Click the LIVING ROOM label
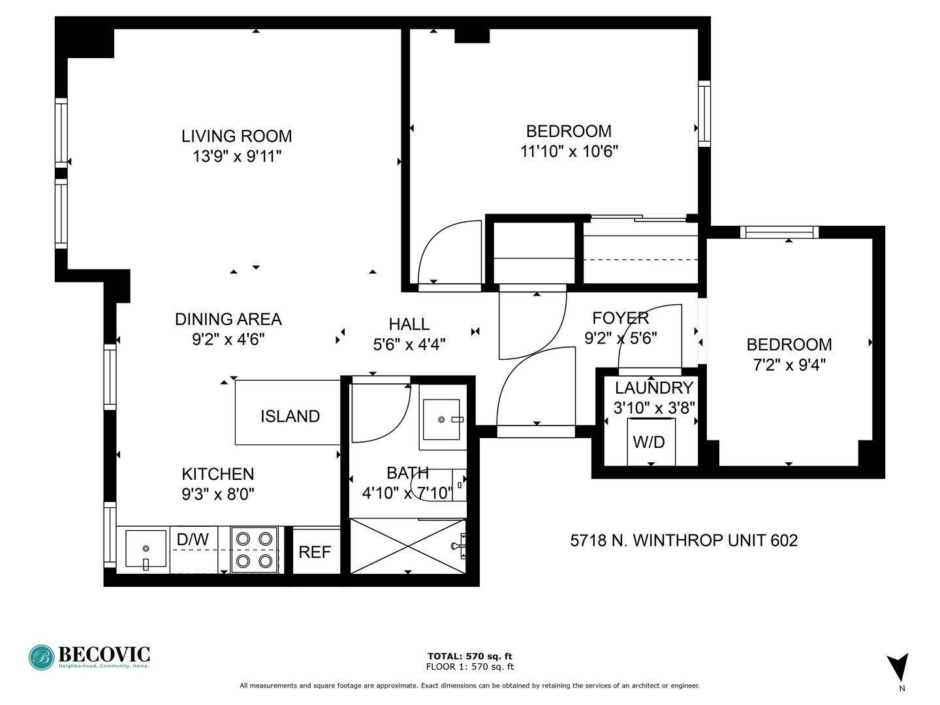point(236,136)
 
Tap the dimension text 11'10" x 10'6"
point(569,151)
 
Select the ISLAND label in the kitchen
point(290,416)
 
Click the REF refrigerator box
point(315,552)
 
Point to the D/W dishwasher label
point(193,539)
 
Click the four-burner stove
point(254,550)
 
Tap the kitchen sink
point(146,550)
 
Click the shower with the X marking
point(408,546)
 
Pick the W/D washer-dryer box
point(649,442)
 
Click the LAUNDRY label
point(653,388)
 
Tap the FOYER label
point(620,318)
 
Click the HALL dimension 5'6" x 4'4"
point(409,344)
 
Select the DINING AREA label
point(228,319)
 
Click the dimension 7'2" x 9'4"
point(789,365)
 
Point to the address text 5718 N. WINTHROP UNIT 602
point(683,540)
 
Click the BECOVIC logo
point(89,657)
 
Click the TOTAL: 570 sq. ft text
point(469,656)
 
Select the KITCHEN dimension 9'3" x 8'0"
point(218,494)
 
